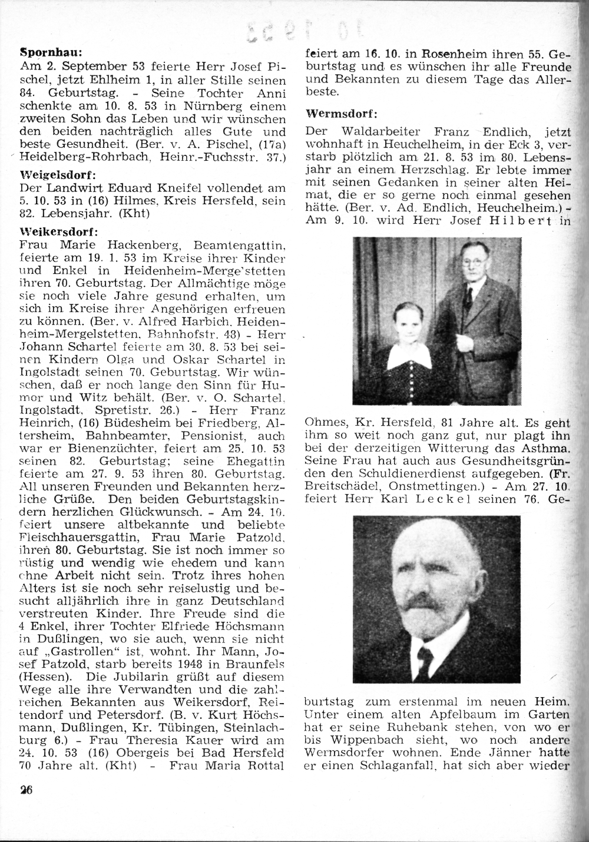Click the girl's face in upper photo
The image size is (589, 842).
[405, 323]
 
